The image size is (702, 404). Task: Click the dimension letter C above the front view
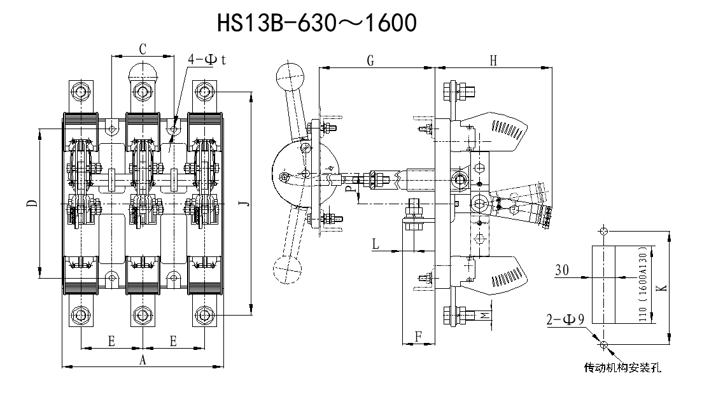(143, 49)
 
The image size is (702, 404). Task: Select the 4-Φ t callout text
(207, 59)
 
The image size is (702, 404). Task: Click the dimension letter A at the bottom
(143, 361)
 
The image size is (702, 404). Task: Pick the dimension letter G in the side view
(371, 60)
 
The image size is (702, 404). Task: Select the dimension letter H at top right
(493, 60)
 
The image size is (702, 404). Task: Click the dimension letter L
(376, 244)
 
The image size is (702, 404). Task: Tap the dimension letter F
(419, 335)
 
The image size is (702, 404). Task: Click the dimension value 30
(561, 270)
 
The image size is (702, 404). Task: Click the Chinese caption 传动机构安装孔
(623, 368)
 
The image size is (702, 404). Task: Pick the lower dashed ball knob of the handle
(286, 271)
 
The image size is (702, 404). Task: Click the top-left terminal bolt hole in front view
(81, 92)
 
